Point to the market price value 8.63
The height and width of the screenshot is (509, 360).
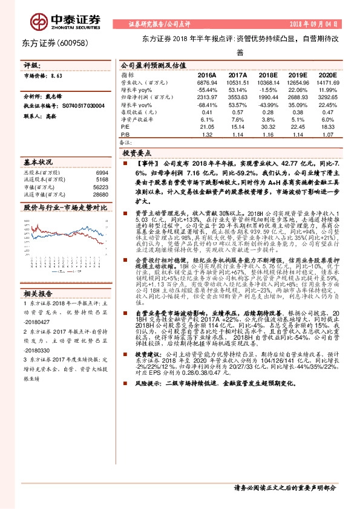(x=57, y=76)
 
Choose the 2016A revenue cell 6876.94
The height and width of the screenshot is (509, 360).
(x=206, y=82)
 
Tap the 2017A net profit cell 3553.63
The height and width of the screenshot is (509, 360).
(x=237, y=97)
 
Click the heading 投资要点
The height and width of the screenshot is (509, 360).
(x=138, y=154)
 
